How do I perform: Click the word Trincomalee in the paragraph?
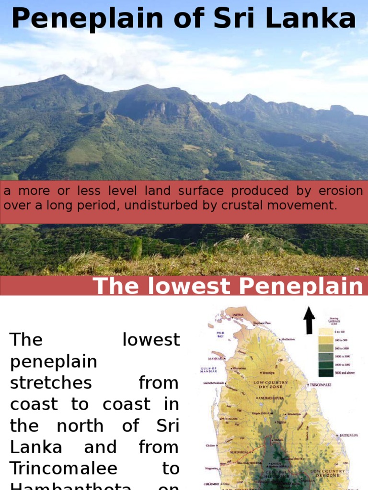(x=64, y=468)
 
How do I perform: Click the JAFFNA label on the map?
(x=238, y=315)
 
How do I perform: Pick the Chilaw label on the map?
(x=211, y=445)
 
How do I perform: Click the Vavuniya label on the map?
(x=268, y=372)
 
